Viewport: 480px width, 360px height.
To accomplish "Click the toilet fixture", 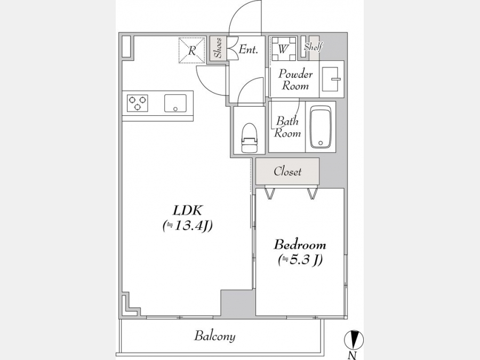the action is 250,138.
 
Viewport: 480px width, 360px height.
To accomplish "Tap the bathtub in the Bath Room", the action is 321,127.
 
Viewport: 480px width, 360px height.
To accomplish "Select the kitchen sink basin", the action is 175,103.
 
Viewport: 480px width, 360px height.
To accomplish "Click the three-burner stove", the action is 138,103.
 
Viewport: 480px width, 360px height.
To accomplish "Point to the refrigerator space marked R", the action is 192,50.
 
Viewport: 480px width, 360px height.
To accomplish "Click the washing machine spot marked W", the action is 284,49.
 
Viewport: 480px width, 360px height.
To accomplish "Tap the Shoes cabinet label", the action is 219,48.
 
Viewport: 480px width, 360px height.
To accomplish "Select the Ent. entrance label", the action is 248,49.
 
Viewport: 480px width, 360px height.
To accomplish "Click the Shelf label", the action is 313,47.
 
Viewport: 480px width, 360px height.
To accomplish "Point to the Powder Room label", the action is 295,79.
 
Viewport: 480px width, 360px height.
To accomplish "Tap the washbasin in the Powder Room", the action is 332,79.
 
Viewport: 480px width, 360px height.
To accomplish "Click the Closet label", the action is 288,171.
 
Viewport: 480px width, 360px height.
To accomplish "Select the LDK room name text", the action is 187,210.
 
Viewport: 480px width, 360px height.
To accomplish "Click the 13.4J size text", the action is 188,226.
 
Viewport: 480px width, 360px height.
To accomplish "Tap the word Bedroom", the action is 300,245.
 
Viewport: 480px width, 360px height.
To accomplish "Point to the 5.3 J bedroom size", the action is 300,260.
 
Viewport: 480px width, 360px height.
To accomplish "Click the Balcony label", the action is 214,336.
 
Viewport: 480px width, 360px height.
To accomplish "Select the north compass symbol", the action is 354,340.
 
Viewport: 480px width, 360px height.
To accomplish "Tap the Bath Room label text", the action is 287,127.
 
